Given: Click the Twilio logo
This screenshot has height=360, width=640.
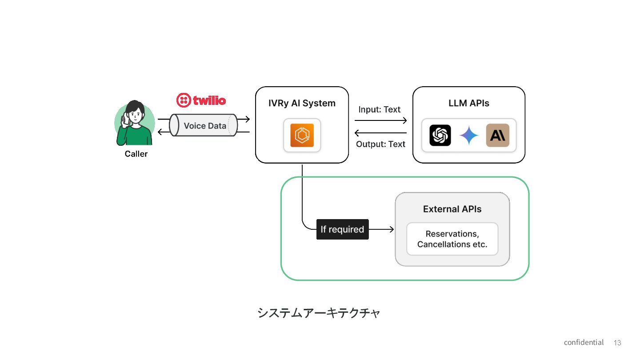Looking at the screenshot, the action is point(201,100).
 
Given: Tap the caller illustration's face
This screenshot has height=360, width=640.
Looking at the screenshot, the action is point(136,115).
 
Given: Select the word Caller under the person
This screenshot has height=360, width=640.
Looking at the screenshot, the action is point(136,154).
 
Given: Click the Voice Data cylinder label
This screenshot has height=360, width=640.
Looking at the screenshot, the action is point(205,126).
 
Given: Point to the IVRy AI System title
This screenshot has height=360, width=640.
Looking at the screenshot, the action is point(302,103).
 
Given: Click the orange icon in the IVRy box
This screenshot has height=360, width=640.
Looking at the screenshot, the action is point(302,135).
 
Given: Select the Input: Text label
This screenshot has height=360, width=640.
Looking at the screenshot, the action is point(379,109).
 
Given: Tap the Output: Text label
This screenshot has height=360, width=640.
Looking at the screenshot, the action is point(380,144).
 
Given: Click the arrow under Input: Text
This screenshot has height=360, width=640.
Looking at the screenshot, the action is point(380,120).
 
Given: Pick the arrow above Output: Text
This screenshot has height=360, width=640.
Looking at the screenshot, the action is point(380,133).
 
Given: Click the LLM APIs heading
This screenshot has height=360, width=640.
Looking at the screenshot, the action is point(468,103).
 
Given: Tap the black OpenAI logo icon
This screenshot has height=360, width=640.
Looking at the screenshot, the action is point(440,135).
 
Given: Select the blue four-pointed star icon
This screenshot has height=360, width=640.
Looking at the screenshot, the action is point(469,135).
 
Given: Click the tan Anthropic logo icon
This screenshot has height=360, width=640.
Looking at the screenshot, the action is point(497,135).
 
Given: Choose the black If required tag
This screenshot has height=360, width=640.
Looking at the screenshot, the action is point(342,229).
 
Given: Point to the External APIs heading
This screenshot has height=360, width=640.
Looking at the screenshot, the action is point(452,209).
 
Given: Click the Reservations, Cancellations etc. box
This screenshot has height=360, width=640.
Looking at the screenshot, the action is point(452,239).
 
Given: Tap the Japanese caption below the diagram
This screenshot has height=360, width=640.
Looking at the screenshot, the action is point(319,313).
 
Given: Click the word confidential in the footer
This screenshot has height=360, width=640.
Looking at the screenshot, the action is point(584,342).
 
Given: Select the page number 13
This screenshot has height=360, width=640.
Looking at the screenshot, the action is point(617,343).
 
